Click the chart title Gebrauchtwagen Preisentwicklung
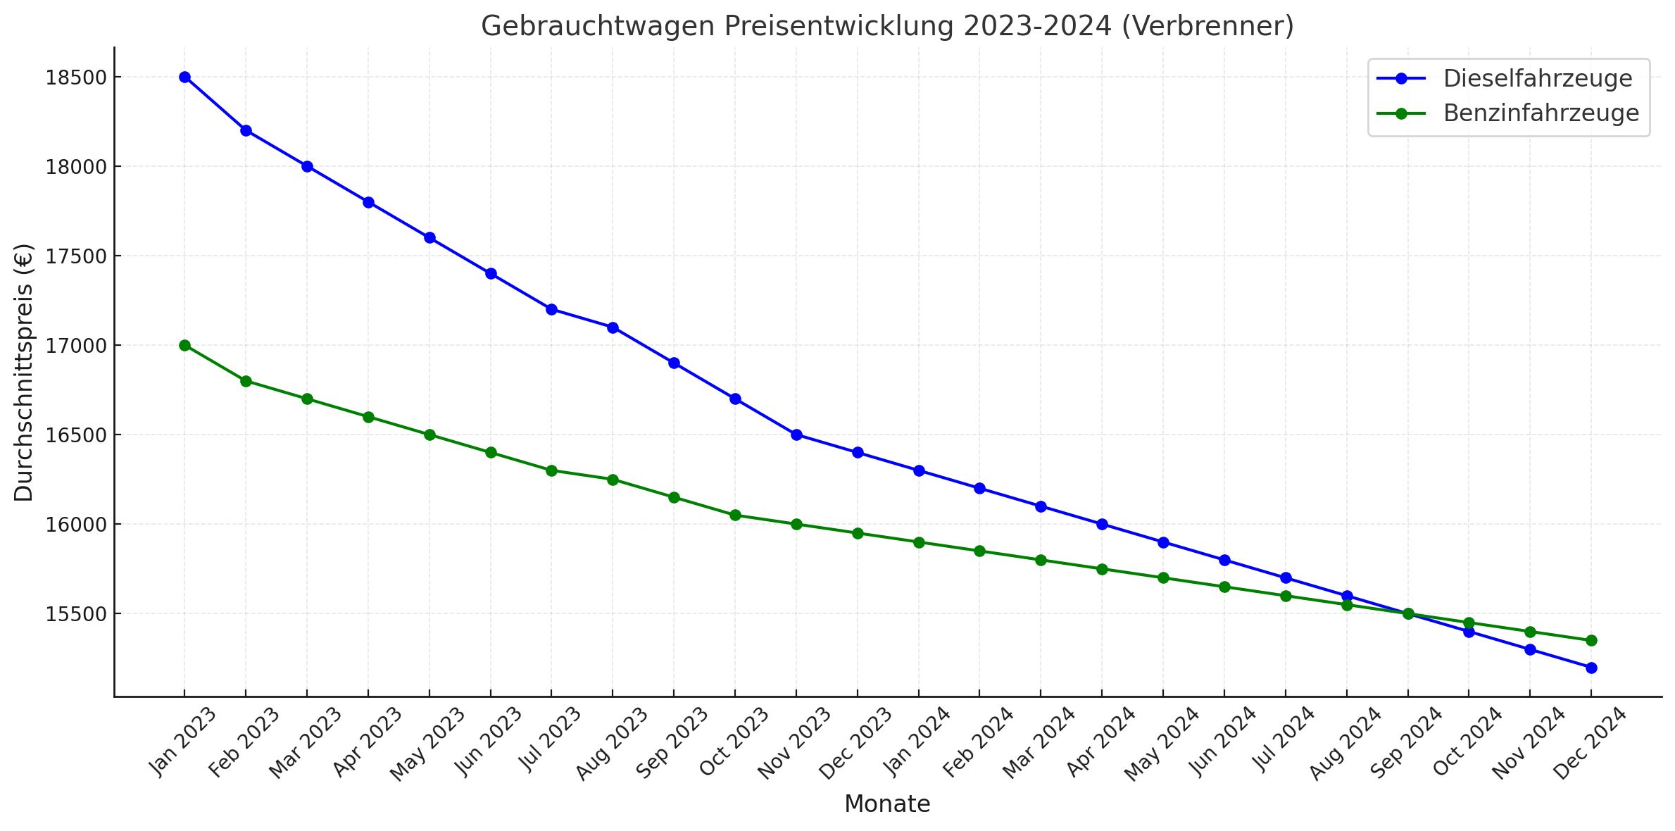887,27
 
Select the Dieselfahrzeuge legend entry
1537,79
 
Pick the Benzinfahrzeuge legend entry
1541,113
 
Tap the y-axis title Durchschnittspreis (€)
24,372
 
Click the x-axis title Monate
887,804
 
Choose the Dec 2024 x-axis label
1589,743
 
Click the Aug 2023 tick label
611,743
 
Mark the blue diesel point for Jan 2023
184,77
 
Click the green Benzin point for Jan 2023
184,345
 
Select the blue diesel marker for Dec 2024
1591,668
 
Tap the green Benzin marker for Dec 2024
1591,641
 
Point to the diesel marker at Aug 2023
613,327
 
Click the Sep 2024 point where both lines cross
1408,614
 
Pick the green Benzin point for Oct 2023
735,516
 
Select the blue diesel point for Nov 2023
796,435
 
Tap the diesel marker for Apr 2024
1102,525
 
